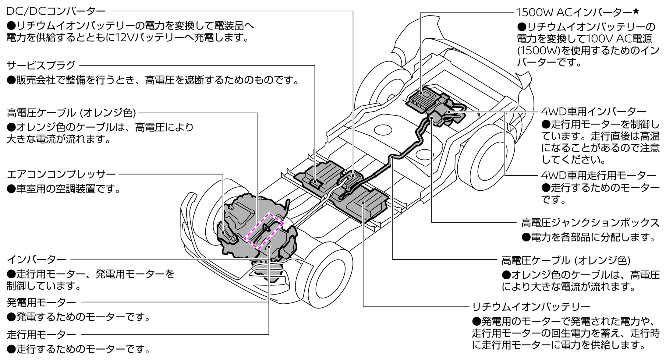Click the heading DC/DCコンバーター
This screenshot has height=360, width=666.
click(x=56, y=12)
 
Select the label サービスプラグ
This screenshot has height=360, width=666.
click(x=41, y=65)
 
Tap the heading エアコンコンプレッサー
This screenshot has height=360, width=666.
click(x=61, y=175)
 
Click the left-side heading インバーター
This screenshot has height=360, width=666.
click(x=36, y=259)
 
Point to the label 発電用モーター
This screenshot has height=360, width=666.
click(x=41, y=302)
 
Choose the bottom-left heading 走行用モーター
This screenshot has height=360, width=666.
click(x=41, y=335)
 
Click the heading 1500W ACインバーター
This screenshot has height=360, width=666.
click(x=574, y=12)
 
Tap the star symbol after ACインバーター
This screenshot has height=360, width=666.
click(x=636, y=11)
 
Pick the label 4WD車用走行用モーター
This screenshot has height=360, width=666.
click(x=599, y=175)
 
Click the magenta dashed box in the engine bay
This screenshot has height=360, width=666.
click(x=264, y=231)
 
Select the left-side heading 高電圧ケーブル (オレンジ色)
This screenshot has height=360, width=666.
click(x=71, y=113)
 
